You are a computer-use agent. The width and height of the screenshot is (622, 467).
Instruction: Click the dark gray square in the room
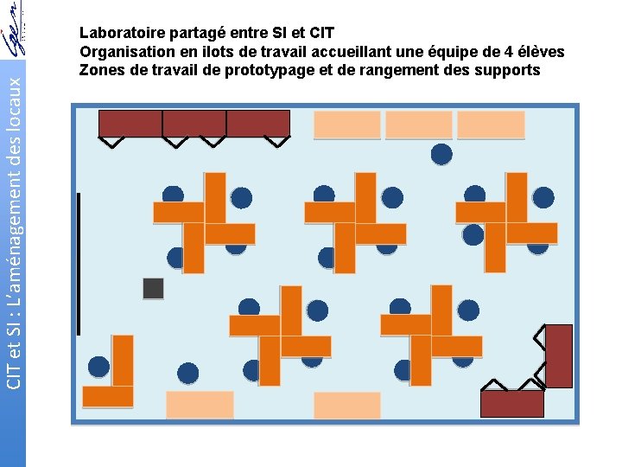tap(153, 288)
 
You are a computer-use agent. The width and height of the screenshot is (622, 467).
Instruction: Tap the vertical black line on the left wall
tap(79, 264)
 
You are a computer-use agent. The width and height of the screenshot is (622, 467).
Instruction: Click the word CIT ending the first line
tap(321, 33)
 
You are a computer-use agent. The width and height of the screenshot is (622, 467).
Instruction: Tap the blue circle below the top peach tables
tap(441, 154)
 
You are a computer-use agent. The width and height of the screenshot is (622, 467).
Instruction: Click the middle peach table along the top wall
tap(419, 125)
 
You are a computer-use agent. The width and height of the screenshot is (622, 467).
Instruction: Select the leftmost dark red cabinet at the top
tap(130, 124)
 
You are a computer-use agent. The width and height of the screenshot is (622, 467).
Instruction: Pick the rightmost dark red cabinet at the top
tap(258, 124)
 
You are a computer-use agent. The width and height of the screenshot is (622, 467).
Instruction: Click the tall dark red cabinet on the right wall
tap(559, 356)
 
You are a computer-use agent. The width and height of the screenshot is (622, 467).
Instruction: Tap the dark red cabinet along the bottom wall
tap(512, 404)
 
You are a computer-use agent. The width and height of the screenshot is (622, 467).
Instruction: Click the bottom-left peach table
tap(200, 405)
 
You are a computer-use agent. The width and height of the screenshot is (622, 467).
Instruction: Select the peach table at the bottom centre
tap(347, 406)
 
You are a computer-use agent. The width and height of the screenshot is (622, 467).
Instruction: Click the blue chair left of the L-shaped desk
tap(98, 367)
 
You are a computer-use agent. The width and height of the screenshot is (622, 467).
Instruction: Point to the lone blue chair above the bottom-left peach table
tap(187, 374)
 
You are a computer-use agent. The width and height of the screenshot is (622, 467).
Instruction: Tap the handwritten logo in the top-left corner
tap(14, 29)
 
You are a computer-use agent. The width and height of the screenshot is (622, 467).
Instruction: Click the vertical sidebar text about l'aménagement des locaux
tap(14, 233)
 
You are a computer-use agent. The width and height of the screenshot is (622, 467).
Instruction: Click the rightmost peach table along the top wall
tap(491, 125)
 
